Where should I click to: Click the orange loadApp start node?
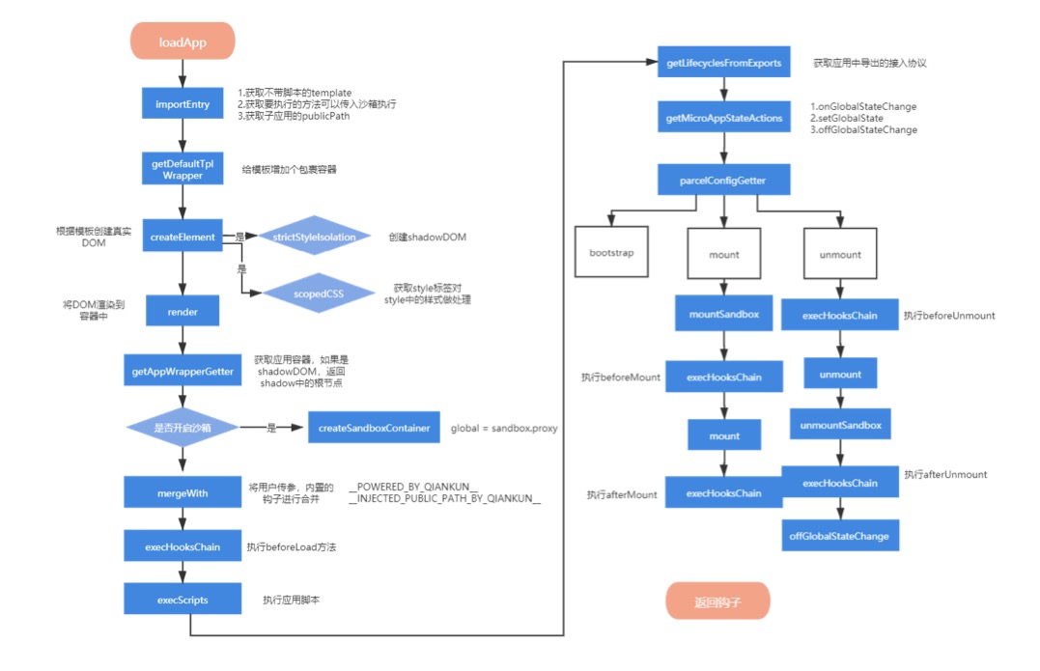pyautogui.click(x=183, y=42)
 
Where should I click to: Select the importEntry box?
pyautogui.click(x=183, y=104)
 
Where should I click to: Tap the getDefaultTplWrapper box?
pyautogui.click(x=183, y=170)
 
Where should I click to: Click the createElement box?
pyautogui.click(x=183, y=237)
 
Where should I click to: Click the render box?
pyautogui.click(x=183, y=312)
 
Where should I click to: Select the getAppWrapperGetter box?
pyautogui.click(x=183, y=371)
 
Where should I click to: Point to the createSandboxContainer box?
pyautogui.click(x=376, y=428)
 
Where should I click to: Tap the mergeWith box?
pyautogui.click(x=183, y=493)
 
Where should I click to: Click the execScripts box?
pyautogui.click(x=183, y=599)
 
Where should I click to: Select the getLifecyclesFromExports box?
pyautogui.click(x=724, y=63)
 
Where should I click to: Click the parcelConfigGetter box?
pyautogui.click(x=724, y=179)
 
